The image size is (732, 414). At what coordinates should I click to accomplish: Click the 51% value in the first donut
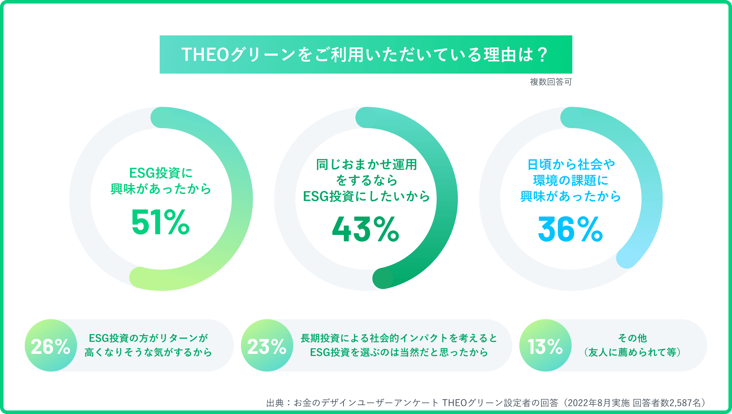(x=161, y=222)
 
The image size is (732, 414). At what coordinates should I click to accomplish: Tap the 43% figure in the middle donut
(x=366, y=229)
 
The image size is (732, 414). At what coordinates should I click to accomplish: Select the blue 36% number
(x=570, y=229)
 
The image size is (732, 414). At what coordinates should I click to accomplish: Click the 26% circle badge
(x=51, y=346)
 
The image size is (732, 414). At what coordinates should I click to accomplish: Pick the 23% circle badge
(x=267, y=346)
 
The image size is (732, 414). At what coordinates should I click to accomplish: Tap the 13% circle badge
(x=545, y=346)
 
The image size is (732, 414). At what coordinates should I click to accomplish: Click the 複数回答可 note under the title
(x=550, y=82)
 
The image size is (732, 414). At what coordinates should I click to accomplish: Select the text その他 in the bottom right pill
(x=632, y=338)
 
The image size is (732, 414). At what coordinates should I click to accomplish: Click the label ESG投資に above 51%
(x=161, y=173)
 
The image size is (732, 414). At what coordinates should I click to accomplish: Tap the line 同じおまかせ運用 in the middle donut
(x=366, y=165)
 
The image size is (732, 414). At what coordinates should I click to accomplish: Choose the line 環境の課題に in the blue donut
(x=570, y=180)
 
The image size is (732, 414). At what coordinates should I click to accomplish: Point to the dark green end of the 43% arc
(x=383, y=278)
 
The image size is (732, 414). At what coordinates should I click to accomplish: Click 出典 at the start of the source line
(x=275, y=403)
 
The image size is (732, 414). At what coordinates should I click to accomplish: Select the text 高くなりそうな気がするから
(x=148, y=352)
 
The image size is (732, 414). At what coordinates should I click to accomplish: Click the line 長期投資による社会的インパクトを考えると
(x=399, y=338)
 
